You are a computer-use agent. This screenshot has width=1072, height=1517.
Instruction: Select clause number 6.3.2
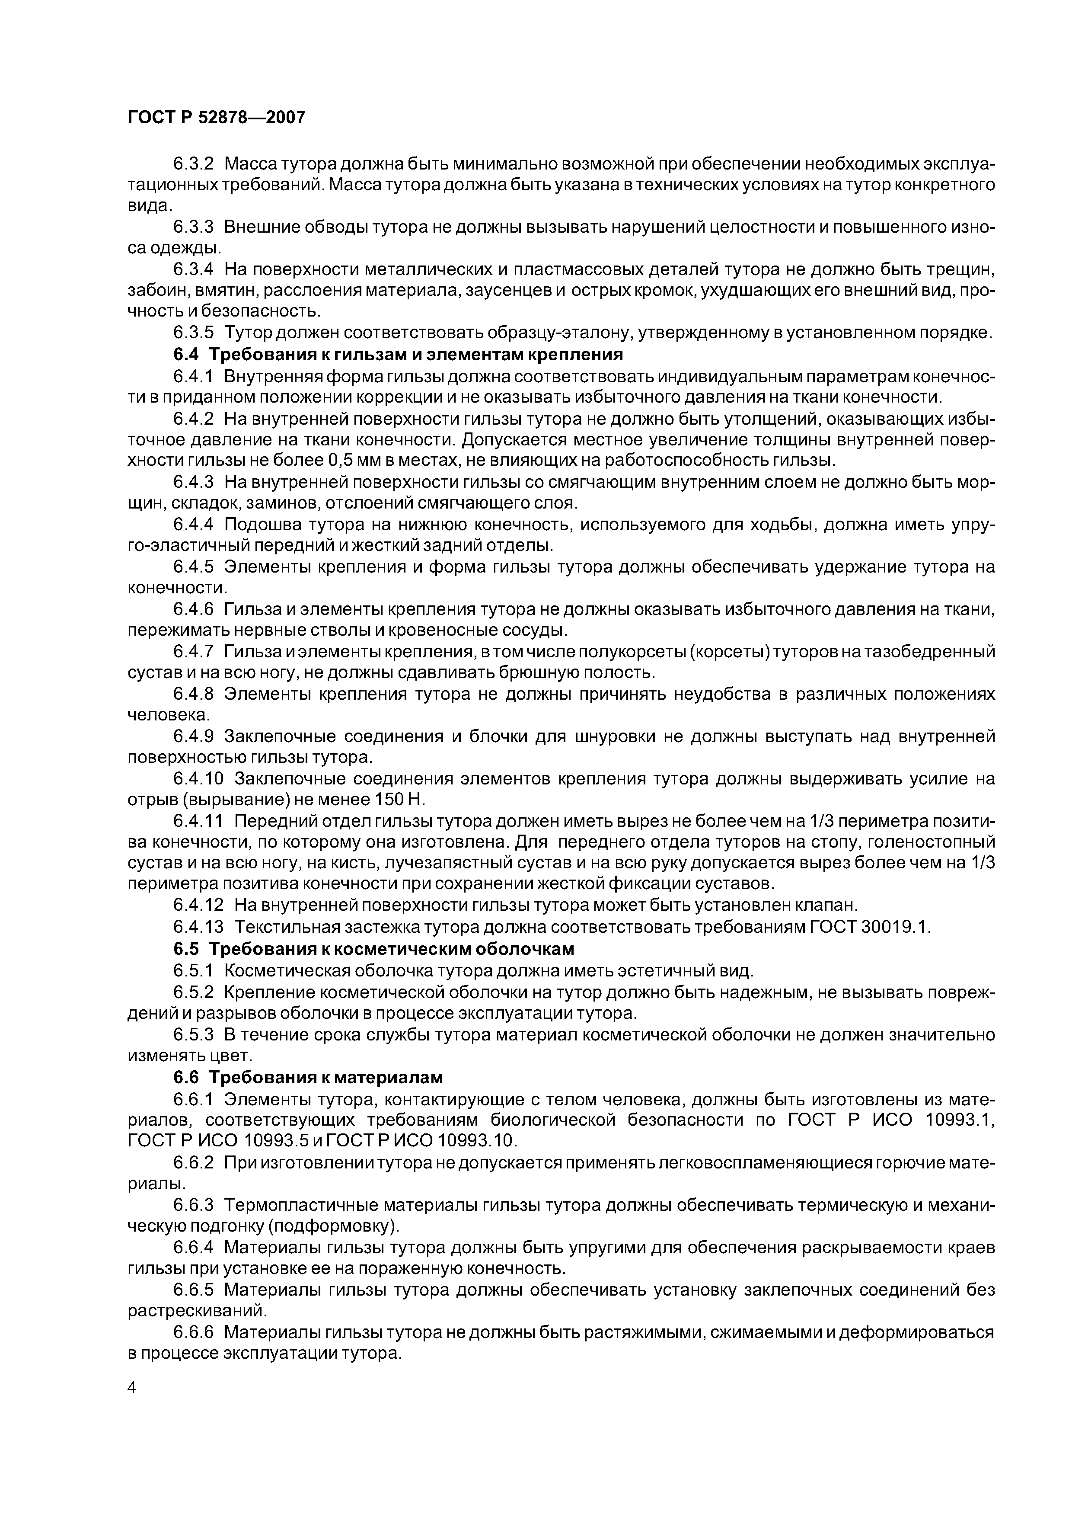[x=194, y=163]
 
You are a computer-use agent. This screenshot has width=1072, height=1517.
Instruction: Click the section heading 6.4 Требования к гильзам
[x=398, y=355]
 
